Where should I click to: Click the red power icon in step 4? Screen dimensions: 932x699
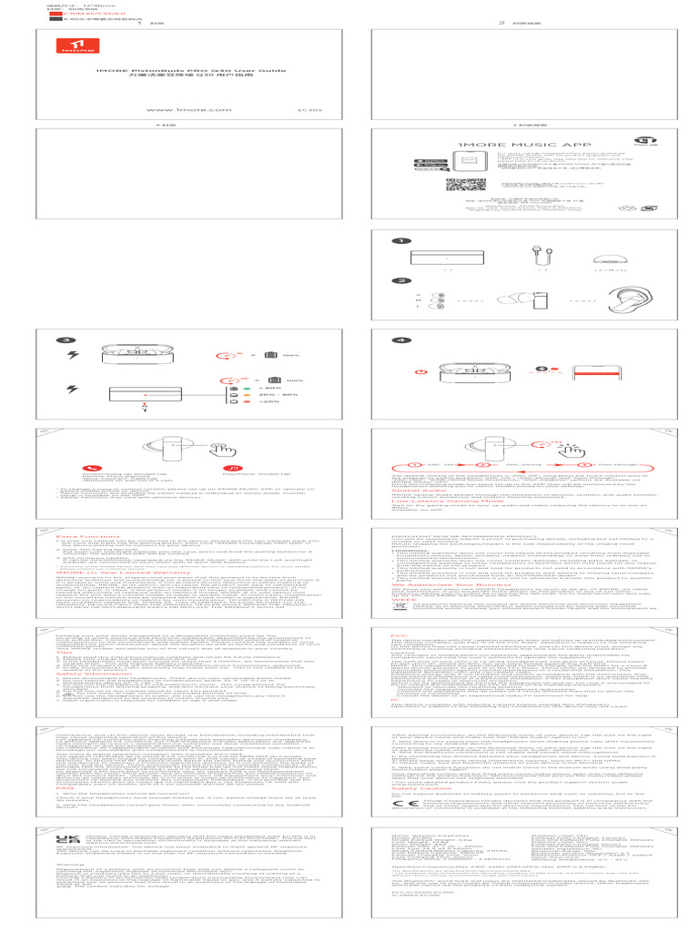coord(420,370)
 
